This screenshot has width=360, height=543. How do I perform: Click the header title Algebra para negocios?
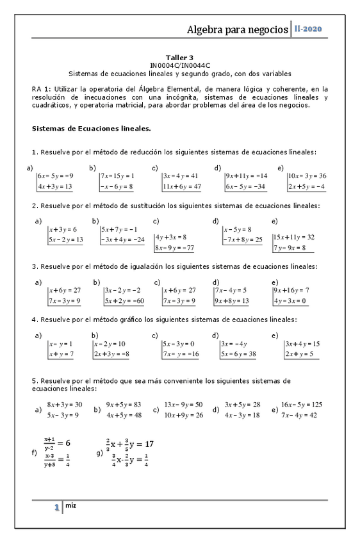pyautogui.click(x=237, y=29)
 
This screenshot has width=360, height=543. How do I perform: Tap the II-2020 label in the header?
pyautogui.click(x=308, y=29)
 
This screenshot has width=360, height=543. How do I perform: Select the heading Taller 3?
pyautogui.click(x=179, y=57)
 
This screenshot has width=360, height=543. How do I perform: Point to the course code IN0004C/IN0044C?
pyautogui.click(x=179, y=65)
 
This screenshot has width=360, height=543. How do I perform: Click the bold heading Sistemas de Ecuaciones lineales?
pyautogui.click(x=91, y=128)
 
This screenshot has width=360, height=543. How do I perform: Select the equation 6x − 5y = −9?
pyautogui.click(x=56, y=175)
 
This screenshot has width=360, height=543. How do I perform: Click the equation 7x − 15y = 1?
pyautogui.click(x=117, y=175)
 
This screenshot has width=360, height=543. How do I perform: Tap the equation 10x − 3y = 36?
pyautogui.click(x=307, y=175)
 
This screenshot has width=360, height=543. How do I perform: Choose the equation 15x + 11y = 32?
pyautogui.click(x=293, y=236)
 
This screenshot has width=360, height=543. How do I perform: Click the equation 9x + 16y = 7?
pyautogui.click(x=291, y=290)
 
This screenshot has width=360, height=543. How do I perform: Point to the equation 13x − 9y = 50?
pyautogui.click(x=183, y=404)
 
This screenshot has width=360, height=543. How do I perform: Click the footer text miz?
pyautogui.click(x=71, y=505)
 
